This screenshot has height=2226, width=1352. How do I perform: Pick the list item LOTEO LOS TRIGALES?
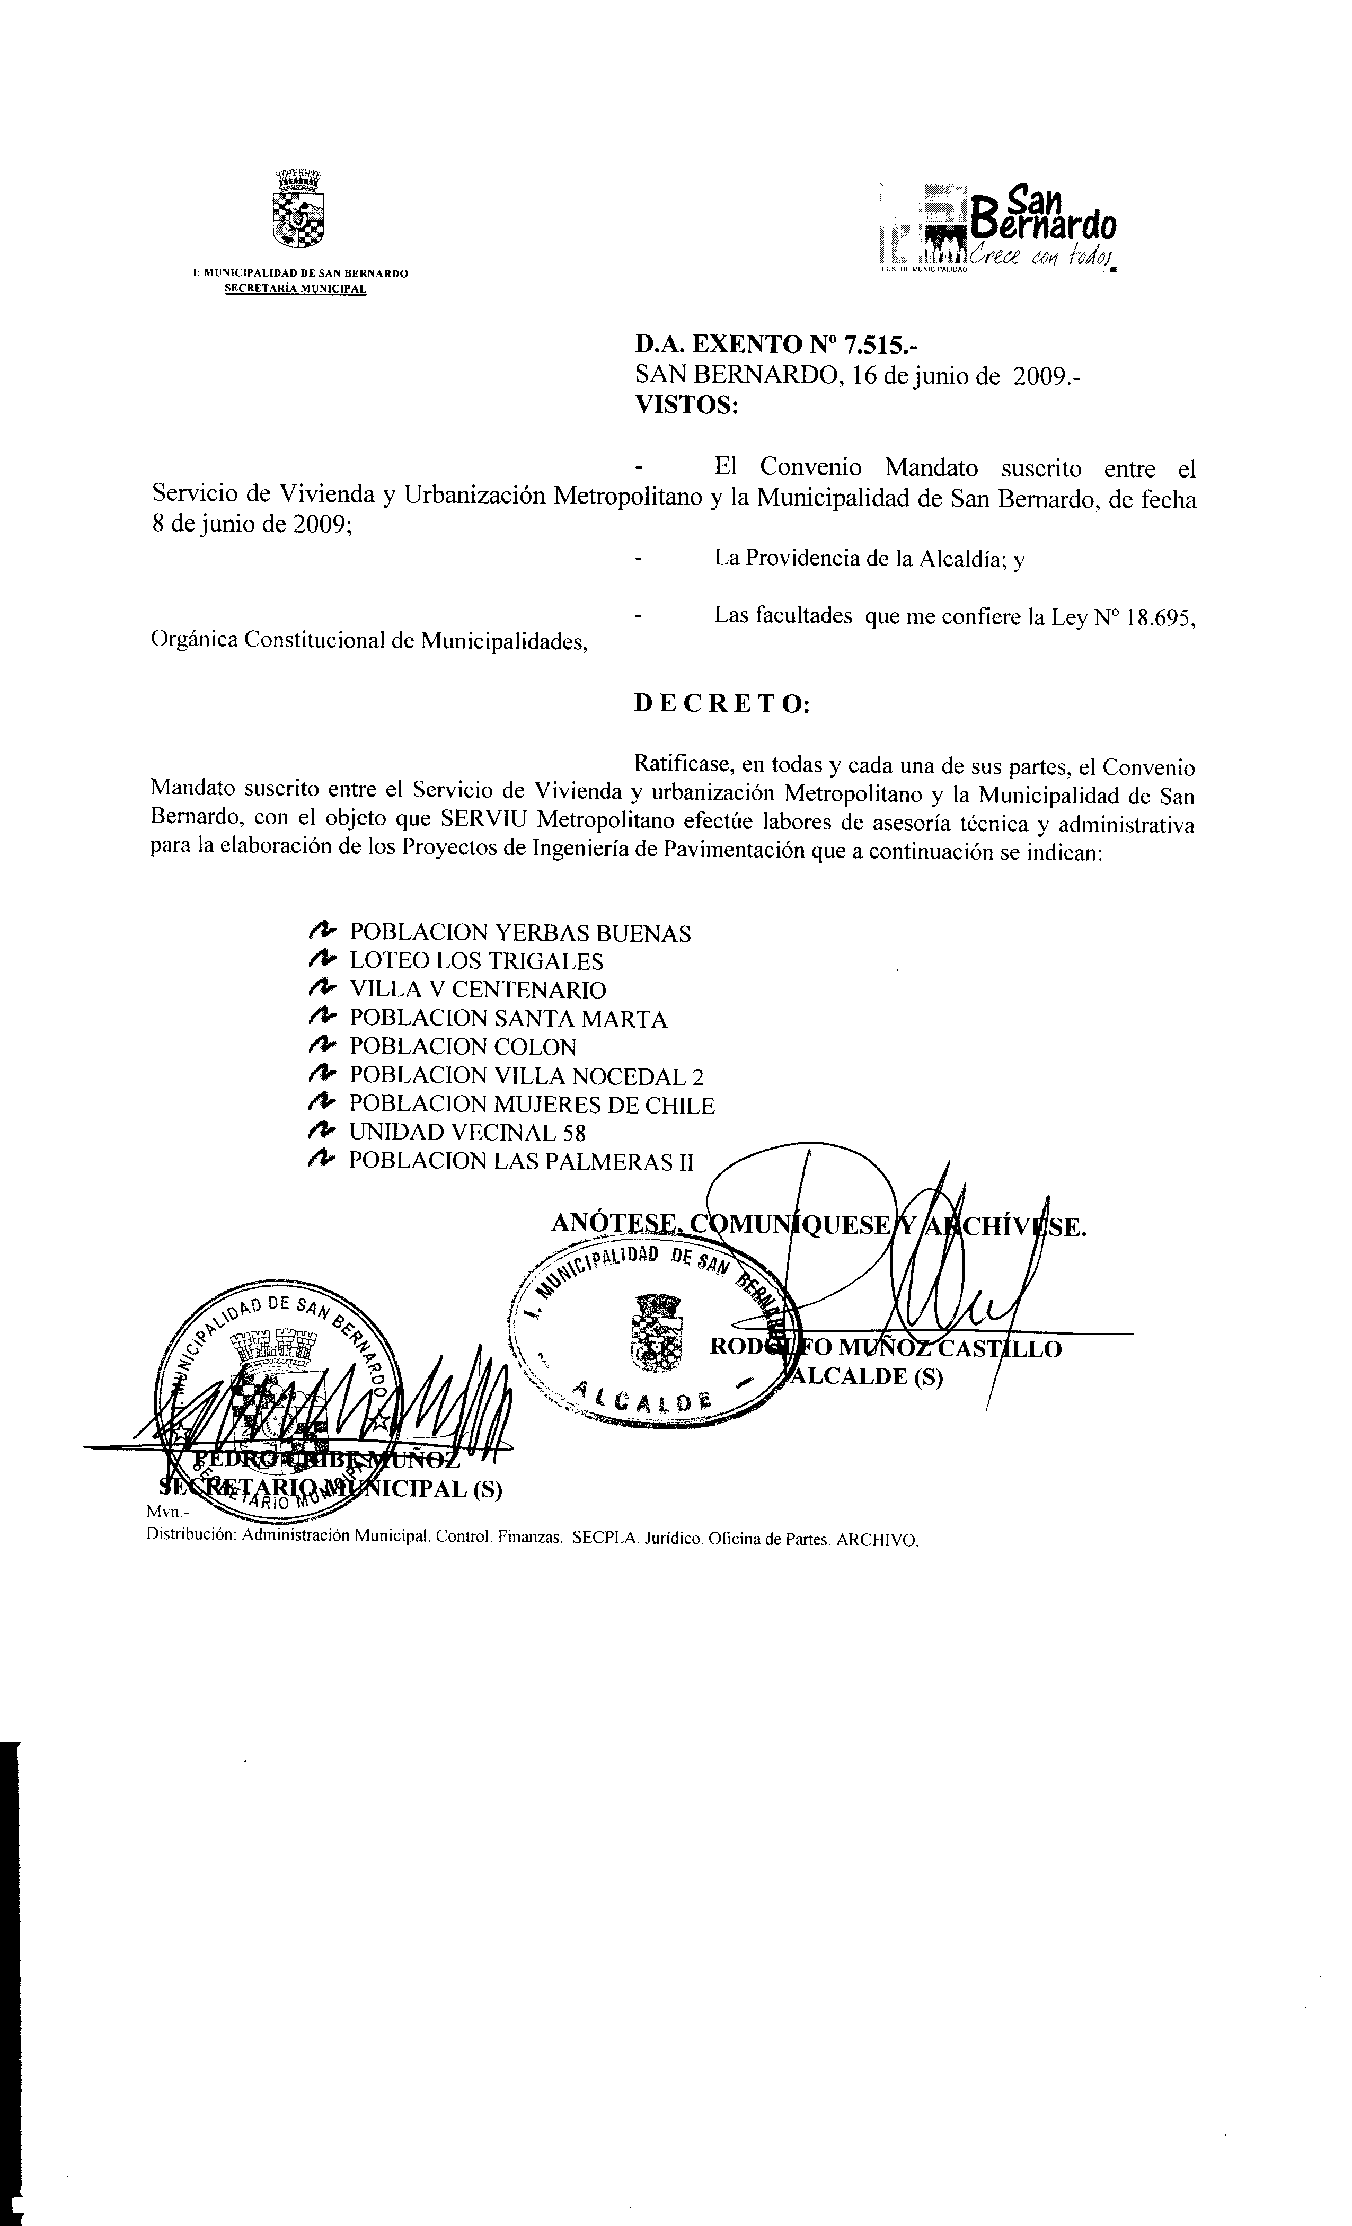(476, 962)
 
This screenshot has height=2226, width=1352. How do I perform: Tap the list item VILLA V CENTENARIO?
(478, 990)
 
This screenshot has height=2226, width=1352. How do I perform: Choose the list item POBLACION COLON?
(462, 1047)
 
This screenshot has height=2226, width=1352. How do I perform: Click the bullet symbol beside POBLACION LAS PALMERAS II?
(321, 1160)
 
